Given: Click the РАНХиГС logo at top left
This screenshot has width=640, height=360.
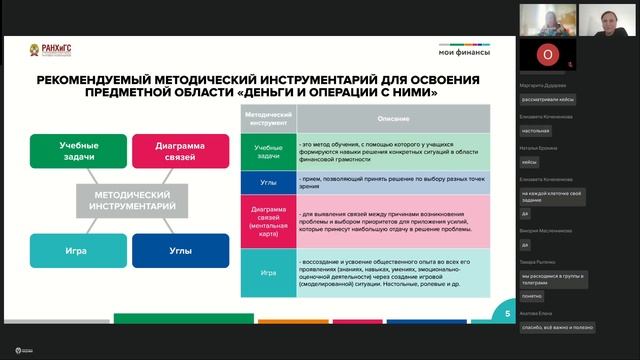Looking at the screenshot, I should pos(42,49).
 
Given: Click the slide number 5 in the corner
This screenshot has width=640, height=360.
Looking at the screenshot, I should pos(507,313).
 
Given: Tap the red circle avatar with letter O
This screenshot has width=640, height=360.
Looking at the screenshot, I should pos(546,53).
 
